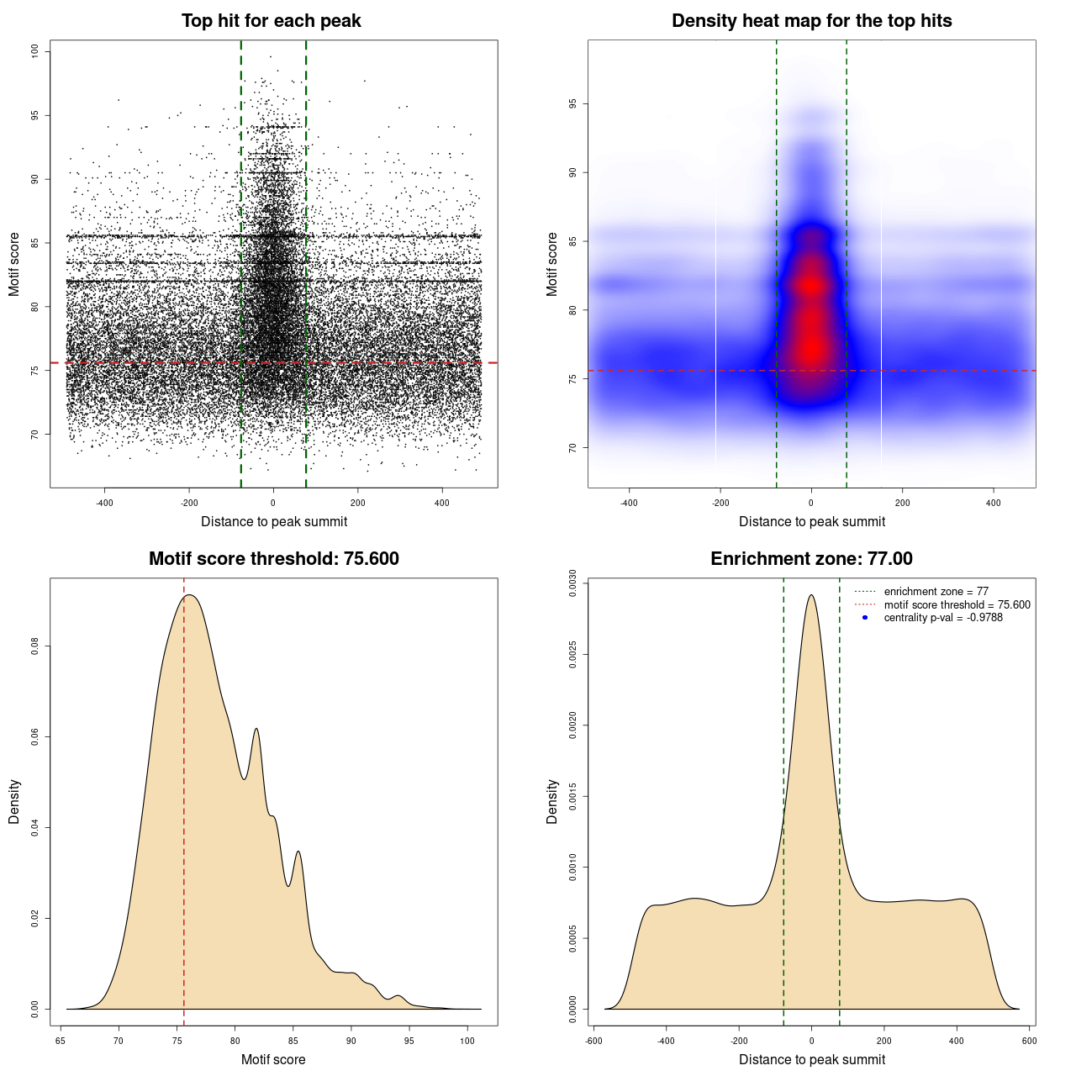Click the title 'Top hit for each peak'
271,21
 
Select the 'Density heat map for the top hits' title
811,21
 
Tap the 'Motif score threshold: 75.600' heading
273,559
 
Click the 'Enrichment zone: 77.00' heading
811,559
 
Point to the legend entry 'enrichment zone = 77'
936,592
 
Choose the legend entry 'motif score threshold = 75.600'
957,604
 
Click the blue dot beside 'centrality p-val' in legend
865,618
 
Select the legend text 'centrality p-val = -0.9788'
943,618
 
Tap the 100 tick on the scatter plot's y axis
35,51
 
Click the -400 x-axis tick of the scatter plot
104,503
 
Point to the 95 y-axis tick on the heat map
573,104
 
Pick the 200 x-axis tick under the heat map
902,503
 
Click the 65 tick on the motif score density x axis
61,1041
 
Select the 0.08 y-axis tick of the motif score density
35,646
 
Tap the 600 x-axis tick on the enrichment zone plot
1029,1041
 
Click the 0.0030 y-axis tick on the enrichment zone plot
573,582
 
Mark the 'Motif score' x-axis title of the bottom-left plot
273,1059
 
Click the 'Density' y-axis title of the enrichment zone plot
552,801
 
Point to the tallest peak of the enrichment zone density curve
811,595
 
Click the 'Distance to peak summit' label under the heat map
811,521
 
